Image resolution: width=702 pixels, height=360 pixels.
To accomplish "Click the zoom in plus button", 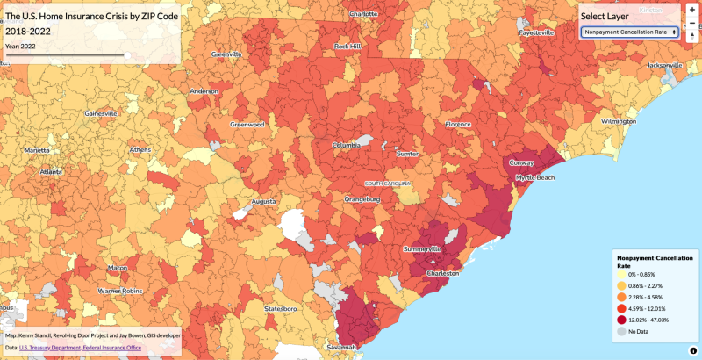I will pyautogui.click(x=692, y=10).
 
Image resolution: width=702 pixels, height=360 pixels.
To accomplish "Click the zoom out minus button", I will pyautogui.click(x=692, y=23).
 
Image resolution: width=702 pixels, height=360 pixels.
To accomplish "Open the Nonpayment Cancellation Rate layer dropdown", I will pyautogui.click(x=629, y=32).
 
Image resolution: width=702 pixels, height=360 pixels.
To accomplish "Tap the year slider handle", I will pyautogui.click(x=127, y=55).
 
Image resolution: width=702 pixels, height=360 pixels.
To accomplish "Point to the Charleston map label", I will pyautogui.click(x=442, y=273).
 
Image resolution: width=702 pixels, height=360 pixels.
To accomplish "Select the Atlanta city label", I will pyautogui.click(x=51, y=172).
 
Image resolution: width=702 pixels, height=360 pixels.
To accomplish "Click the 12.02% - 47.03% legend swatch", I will pyautogui.click(x=620, y=320).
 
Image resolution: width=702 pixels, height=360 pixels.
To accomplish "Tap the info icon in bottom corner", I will pyautogui.click(x=692, y=350).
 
